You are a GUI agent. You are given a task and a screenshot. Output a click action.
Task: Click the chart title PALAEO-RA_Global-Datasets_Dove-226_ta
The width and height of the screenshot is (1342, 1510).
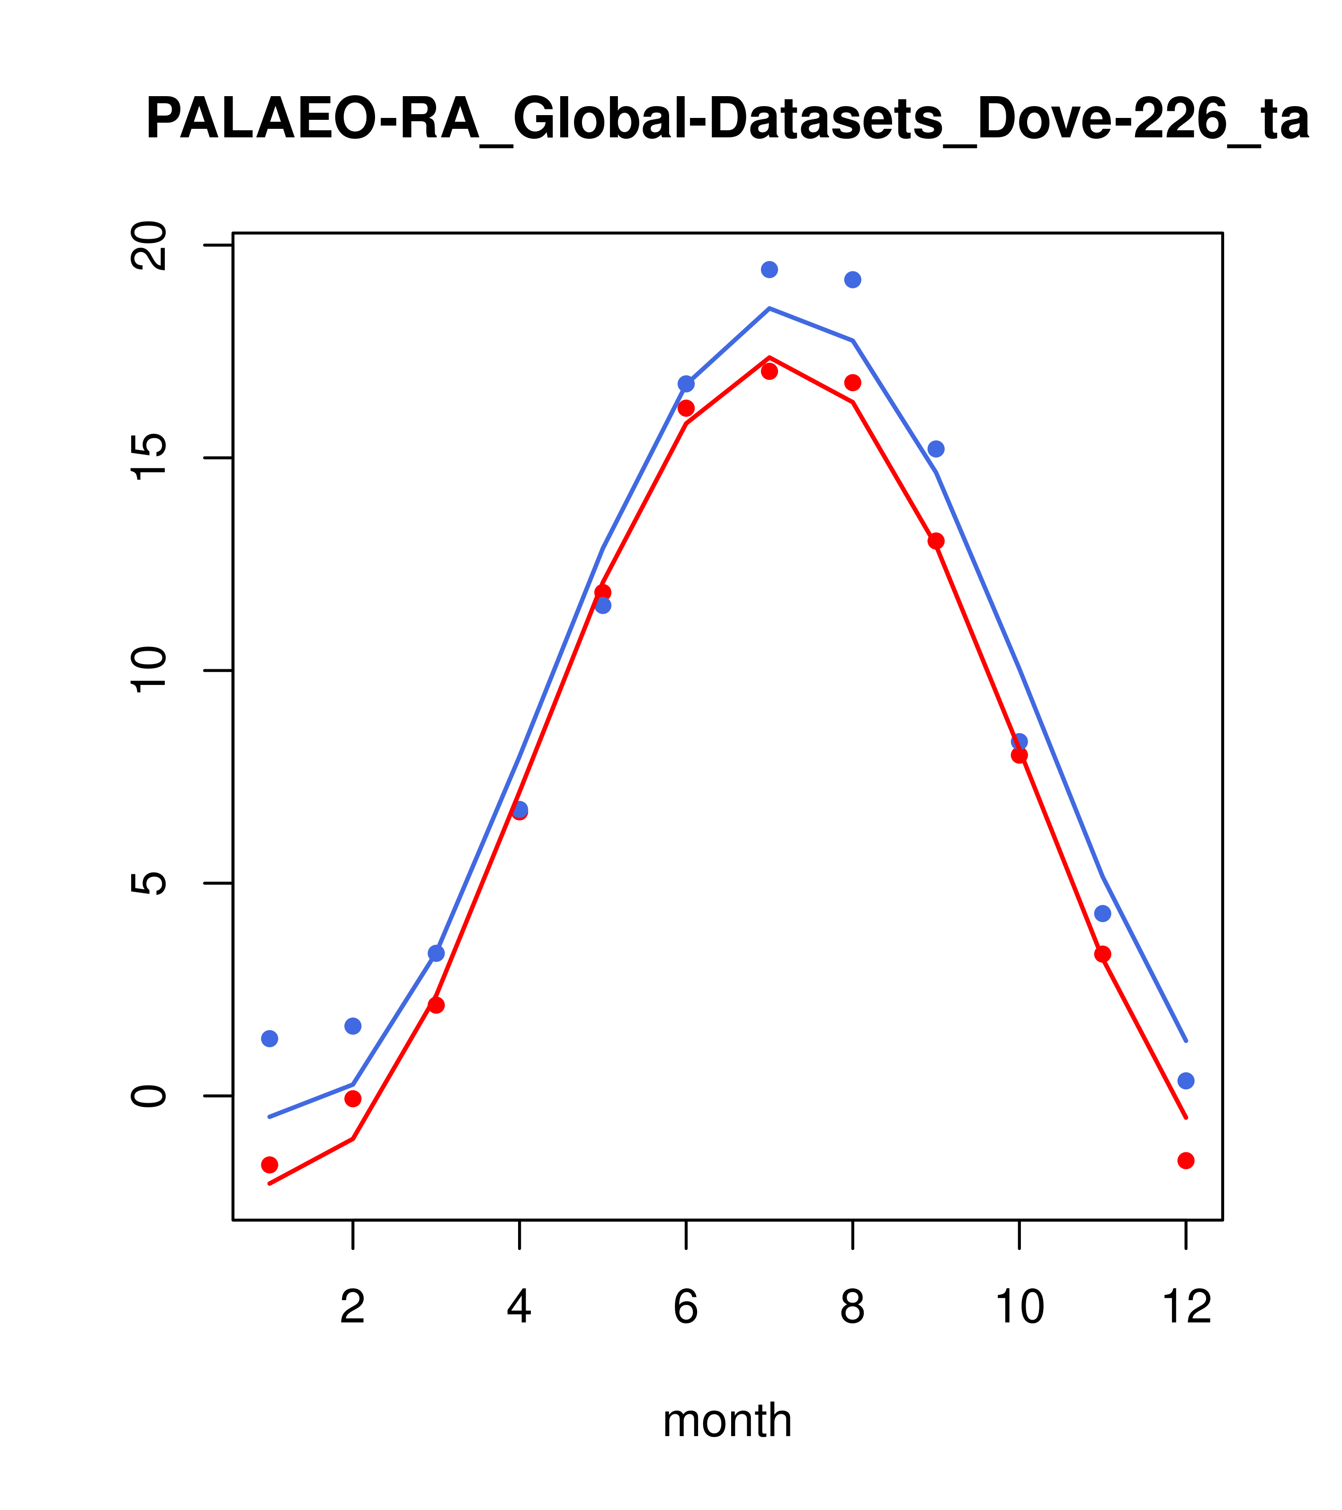pos(727,120)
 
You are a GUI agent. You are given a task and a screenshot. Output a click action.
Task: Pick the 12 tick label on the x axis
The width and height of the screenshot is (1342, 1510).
pos(1186,1308)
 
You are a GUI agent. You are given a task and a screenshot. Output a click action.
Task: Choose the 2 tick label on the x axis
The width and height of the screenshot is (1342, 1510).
pos(353,1308)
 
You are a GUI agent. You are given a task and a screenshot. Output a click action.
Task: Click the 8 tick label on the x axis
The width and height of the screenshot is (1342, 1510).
pos(852,1308)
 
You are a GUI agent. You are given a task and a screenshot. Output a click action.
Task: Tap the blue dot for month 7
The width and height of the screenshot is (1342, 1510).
pos(769,270)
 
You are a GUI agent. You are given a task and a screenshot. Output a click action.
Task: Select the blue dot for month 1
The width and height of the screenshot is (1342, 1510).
pos(269,1039)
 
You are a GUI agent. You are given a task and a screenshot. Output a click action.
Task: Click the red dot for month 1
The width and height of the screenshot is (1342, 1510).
pos(269,1165)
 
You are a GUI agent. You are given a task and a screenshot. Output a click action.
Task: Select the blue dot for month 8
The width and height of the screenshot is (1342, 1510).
pos(852,280)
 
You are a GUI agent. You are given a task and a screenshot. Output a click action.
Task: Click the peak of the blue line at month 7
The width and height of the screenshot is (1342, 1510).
pos(769,308)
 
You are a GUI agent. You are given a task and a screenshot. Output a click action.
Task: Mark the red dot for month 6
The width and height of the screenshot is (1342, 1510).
pos(686,408)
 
